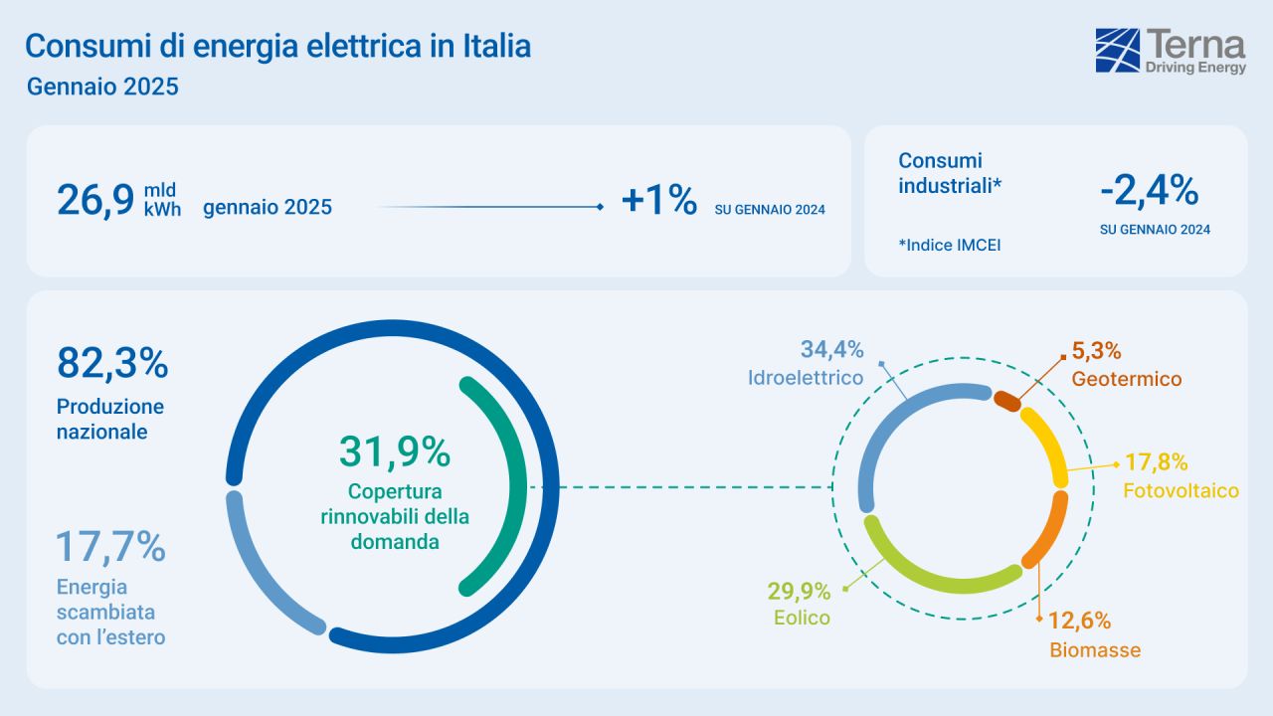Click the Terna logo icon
(1118, 51)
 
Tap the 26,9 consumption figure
(95, 200)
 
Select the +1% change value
(658, 200)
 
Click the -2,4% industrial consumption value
(1149, 190)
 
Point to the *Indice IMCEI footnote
(949, 245)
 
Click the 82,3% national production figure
(112, 363)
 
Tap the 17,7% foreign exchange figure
(110, 547)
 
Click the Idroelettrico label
(806, 379)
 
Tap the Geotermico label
(1126, 379)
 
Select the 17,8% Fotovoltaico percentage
(1157, 462)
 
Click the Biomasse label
(1095, 651)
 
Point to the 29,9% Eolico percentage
(798, 593)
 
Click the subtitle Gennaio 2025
(102, 87)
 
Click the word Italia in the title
(496, 46)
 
